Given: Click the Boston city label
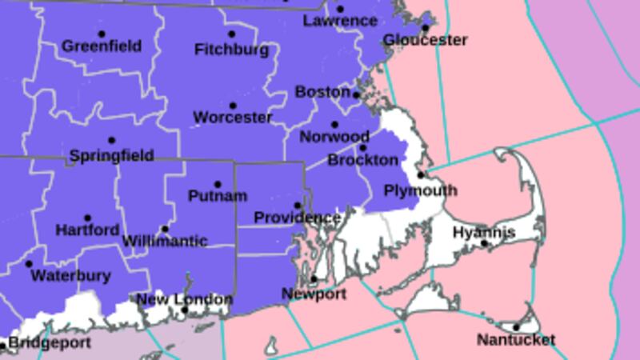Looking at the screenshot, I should tap(323, 92).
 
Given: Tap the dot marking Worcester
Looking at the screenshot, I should tap(233, 106).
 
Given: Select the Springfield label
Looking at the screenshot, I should tap(111, 155).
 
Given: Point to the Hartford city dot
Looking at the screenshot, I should tap(87, 218).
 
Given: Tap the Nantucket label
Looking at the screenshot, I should tap(516, 340).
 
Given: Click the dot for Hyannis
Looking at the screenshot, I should tap(484, 243).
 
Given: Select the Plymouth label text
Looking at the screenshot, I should tap(420, 190).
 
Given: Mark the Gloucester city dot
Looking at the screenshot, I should tap(426, 28).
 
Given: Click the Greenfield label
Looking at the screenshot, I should tap(102, 46).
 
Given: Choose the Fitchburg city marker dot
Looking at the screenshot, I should tap(231, 34).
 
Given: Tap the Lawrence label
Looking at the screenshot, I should tap(340, 21).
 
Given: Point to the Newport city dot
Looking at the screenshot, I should tap(314, 279).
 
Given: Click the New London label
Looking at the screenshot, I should tap(185, 300).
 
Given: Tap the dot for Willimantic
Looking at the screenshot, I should tap(165, 229).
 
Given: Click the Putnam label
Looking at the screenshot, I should tap(218, 196).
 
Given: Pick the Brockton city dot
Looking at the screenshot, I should tap(362, 147).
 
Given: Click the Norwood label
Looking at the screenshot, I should tap(334, 137).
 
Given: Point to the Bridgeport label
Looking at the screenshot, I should tap(50, 343).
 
